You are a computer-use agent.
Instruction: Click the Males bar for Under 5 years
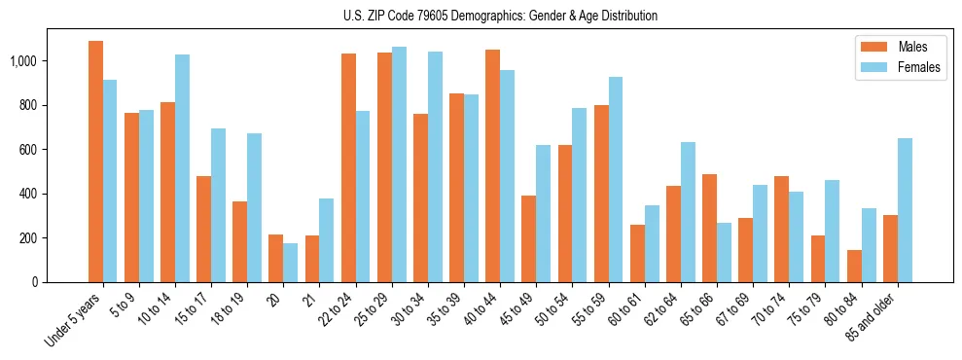point(95,162)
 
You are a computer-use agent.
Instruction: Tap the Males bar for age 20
point(275,258)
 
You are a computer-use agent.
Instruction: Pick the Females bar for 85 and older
point(905,210)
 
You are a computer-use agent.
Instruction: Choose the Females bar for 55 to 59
point(616,179)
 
